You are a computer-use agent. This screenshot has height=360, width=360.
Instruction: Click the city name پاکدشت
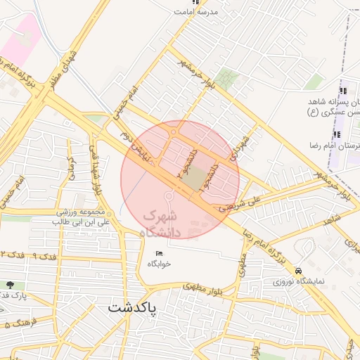(134, 308)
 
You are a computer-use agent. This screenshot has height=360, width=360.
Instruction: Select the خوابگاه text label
(160, 264)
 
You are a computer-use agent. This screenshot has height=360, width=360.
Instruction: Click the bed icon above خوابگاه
(159, 253)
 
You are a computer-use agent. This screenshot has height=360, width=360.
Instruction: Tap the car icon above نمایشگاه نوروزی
(300, 271)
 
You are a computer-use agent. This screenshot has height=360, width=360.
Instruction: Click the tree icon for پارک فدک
(10, 285)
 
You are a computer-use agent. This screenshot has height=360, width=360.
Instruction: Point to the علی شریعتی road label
(235, 206)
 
